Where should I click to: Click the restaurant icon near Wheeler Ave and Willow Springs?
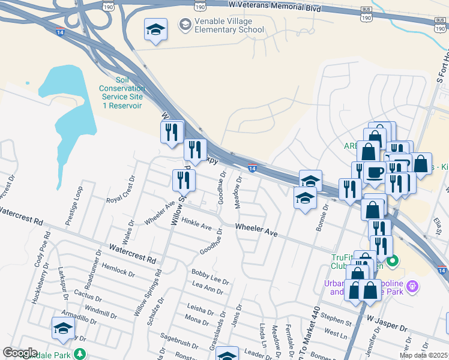tap(184, 180)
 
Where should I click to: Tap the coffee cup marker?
tap(375, 172)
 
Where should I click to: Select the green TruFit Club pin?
tap(393, 261)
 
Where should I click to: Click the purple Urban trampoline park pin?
tap(412, 286)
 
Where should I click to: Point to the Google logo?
tap(20, 353)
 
